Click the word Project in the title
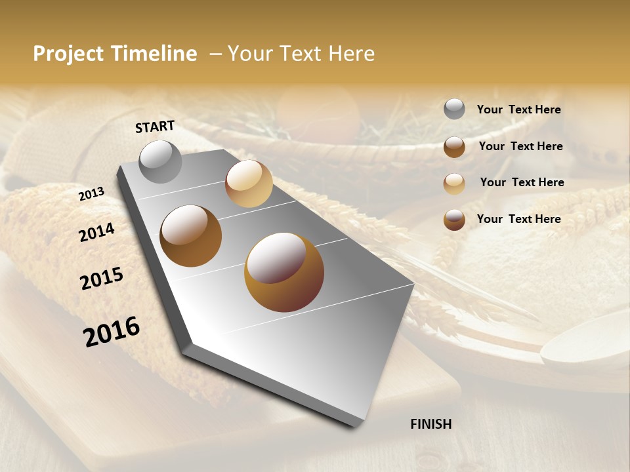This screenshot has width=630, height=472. click(x=68, y=54)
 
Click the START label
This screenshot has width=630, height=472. click(x=155, y=127)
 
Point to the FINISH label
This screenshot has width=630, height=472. click(x=431, y=424)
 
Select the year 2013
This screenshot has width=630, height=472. click(x=91, y=194)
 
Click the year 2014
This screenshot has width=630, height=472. click(x=96, y=232)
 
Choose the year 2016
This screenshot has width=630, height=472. click(x=112, y=332)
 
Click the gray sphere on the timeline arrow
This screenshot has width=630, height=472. click(x=160, y=161)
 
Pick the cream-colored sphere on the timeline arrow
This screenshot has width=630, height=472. click(x=249, y=184)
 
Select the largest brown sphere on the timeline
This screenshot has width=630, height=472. click(x=284, y=272)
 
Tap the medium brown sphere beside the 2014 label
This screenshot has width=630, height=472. click(x=190, y=235)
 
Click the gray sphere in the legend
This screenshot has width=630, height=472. click(x=454, y=109)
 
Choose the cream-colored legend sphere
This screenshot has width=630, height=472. click(x=454, y=184)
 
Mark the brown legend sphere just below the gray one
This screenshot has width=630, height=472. click(x=454, y=147)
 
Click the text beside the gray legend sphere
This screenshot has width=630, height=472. click(x=518, y=110)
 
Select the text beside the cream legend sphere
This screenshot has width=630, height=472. click(x=522, y=182)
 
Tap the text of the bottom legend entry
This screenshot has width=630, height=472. click(x=518, y=219)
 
